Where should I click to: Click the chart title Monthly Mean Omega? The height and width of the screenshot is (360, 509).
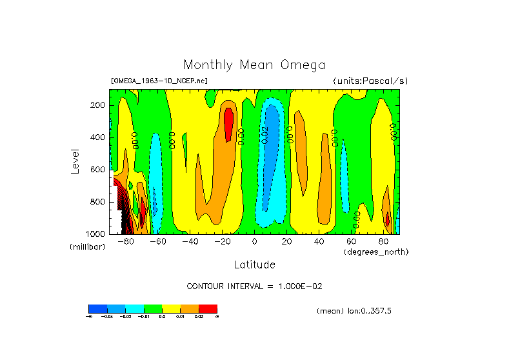(254, 65)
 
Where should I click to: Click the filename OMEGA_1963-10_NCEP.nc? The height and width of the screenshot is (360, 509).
(159, 81)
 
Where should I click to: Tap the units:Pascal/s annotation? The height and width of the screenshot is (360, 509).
(370, 81)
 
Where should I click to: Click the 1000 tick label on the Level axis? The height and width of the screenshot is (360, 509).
(97, 234)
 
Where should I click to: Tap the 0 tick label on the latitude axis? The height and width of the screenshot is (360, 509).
(254, 241)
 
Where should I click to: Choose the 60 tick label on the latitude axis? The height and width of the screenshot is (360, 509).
(351, 241)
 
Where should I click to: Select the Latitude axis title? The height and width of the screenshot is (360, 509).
(254, 265)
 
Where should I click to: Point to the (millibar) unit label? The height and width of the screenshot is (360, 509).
(87, 247)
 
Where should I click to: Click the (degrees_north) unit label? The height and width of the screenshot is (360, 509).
(376, 251)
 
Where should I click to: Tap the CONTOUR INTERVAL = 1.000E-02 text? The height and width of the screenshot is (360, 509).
(254, 286)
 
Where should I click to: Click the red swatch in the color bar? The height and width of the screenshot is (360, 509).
(208, 308)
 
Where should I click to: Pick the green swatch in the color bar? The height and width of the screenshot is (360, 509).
(153, 308)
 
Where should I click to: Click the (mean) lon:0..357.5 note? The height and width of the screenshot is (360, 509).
(354, 311)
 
